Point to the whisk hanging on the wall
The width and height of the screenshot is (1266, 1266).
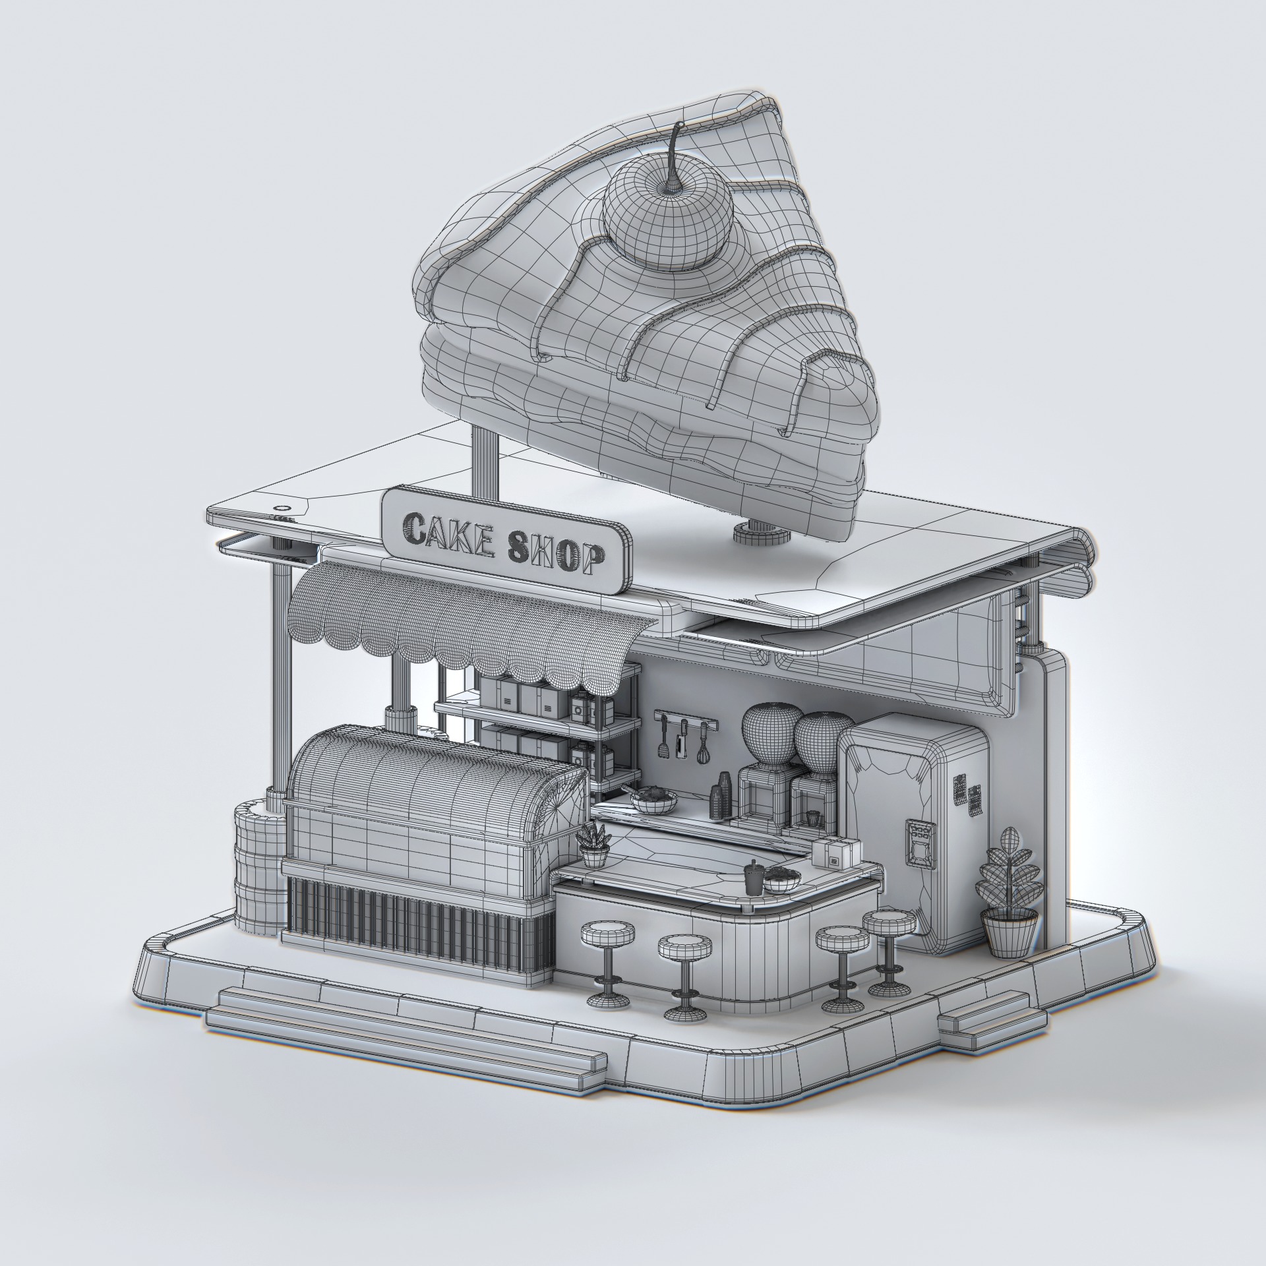pos(705,746)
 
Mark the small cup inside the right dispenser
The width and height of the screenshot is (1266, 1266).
pos(812,817)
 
